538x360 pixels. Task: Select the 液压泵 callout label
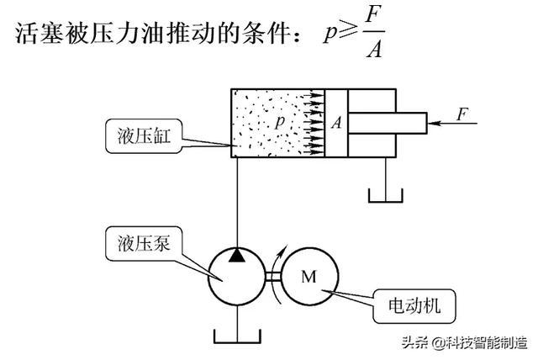[x=139, y=243]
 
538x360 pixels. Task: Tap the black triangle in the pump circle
[x=239, y=254]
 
